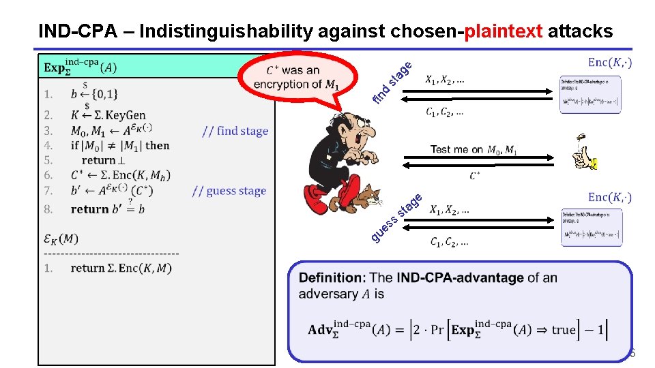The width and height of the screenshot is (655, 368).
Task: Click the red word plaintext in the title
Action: [x=504, y=31]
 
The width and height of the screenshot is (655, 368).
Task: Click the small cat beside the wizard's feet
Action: [x=372, y=198]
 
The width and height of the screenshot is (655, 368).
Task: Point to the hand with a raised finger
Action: [x=585, y=153]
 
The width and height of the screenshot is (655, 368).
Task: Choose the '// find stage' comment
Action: [x=235, y=131]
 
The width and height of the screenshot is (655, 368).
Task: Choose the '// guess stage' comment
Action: [x=229, y=191]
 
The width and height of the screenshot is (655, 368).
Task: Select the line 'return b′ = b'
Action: [x=107, y=209]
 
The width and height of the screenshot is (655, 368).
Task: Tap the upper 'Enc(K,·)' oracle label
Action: [x=609, y=63]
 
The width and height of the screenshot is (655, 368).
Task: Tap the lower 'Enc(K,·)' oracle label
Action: [x=609, y=198]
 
